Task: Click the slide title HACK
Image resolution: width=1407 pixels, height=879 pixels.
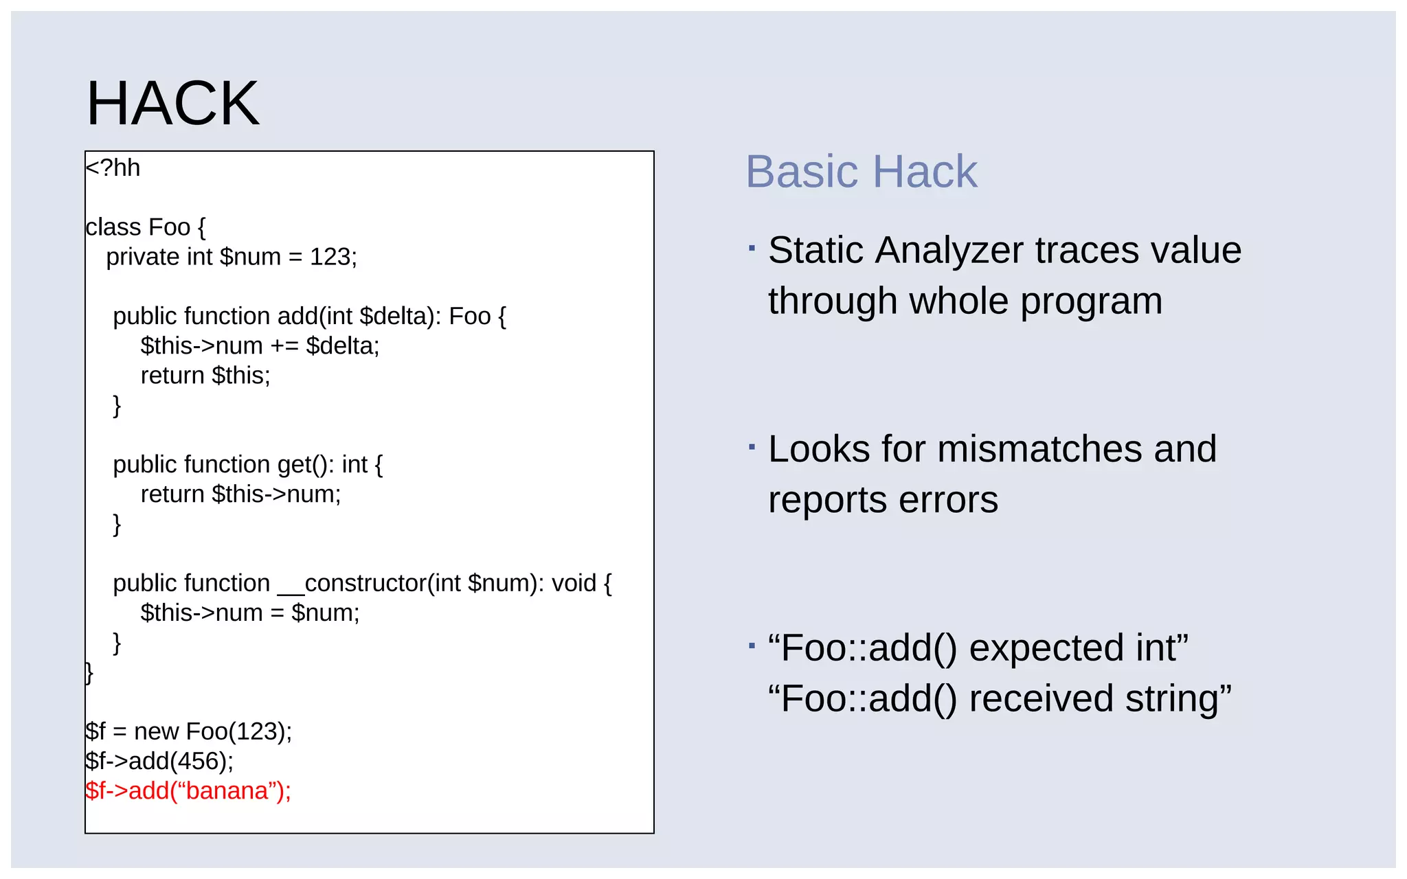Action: pos(172,104)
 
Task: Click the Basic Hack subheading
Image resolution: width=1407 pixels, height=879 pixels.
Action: pos(861,172)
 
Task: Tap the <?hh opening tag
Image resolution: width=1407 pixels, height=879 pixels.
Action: pos(113,168)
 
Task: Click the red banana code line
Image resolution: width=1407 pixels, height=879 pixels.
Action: pos(188,791)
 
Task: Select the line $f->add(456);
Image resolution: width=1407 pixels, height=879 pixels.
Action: pos(159,761)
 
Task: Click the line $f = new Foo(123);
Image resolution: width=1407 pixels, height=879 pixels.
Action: pos(188,731)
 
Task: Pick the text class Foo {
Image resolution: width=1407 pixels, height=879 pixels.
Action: pos(145,227)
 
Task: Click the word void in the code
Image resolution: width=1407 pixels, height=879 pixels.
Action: pos(574,583)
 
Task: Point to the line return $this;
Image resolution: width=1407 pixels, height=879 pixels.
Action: pos(205,376)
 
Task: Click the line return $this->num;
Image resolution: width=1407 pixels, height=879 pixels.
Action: pos(240,494)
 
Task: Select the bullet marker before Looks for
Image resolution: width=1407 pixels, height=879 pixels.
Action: pos(752,447)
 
